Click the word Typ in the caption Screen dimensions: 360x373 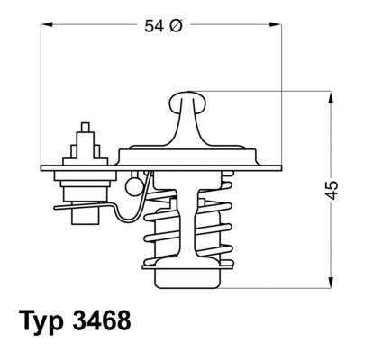[x=44, y=321]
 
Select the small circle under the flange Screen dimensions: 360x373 [x=132, y=186]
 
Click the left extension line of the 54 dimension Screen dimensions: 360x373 [x=42, y=90]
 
